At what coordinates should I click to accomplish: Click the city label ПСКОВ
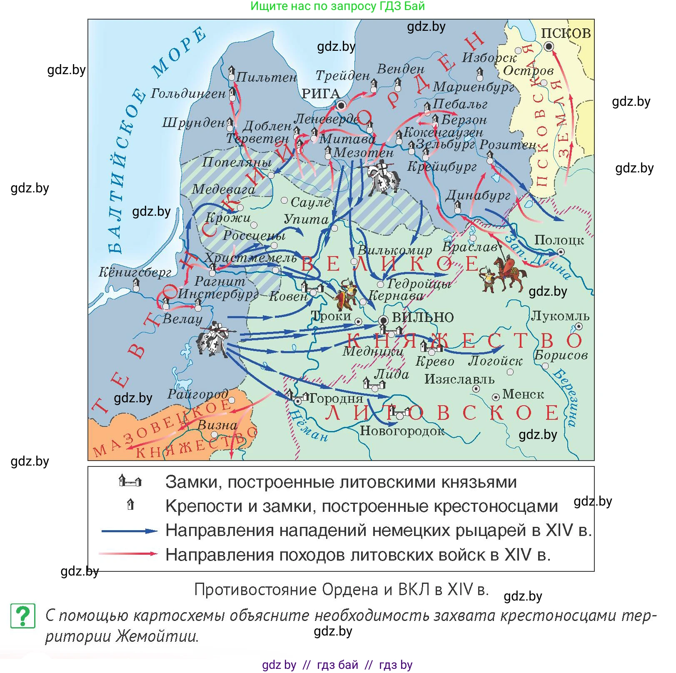point(565,33)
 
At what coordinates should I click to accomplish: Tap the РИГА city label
point(321,94)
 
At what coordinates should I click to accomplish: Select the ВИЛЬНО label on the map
point(423,317)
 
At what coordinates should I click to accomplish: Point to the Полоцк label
point(559,240)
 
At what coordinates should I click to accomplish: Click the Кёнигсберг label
point(135,272)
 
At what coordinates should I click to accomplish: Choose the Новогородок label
point(402,431)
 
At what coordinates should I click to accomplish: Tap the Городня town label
point(336,399)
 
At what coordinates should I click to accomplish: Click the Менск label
point(523,394)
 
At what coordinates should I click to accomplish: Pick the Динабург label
point(478,195)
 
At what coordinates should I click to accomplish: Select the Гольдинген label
point(188,93)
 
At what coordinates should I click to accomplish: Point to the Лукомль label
point(560,316)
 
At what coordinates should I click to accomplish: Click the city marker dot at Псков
point(549,47)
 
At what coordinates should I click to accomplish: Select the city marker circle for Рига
point(341,105)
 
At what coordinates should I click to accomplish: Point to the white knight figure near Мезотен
point(383,179)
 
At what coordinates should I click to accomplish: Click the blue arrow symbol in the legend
point(130,531)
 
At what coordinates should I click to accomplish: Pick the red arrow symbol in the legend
point(129,554)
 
